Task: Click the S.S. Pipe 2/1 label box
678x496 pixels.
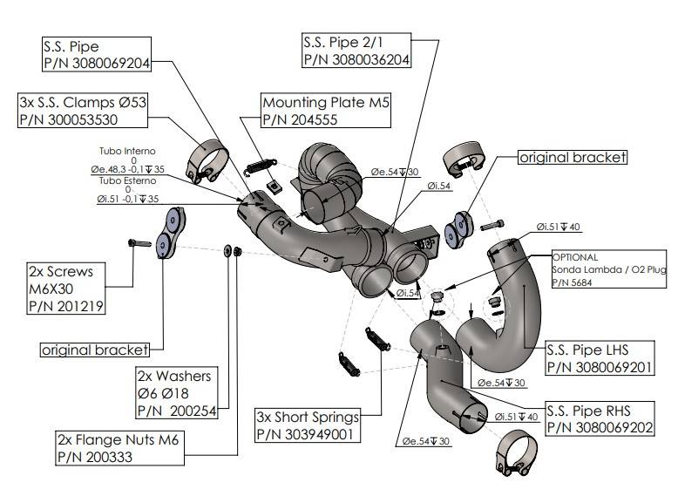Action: [x=356, y=50]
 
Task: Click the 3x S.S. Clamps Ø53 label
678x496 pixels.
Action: [x=83, y=111]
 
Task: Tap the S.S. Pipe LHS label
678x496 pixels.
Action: [x=599, y=358]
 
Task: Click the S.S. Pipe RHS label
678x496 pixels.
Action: [x=599, y=418]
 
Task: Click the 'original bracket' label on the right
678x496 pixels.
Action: [x=572, y=157]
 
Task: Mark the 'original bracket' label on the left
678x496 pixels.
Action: [x=94, y=350]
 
